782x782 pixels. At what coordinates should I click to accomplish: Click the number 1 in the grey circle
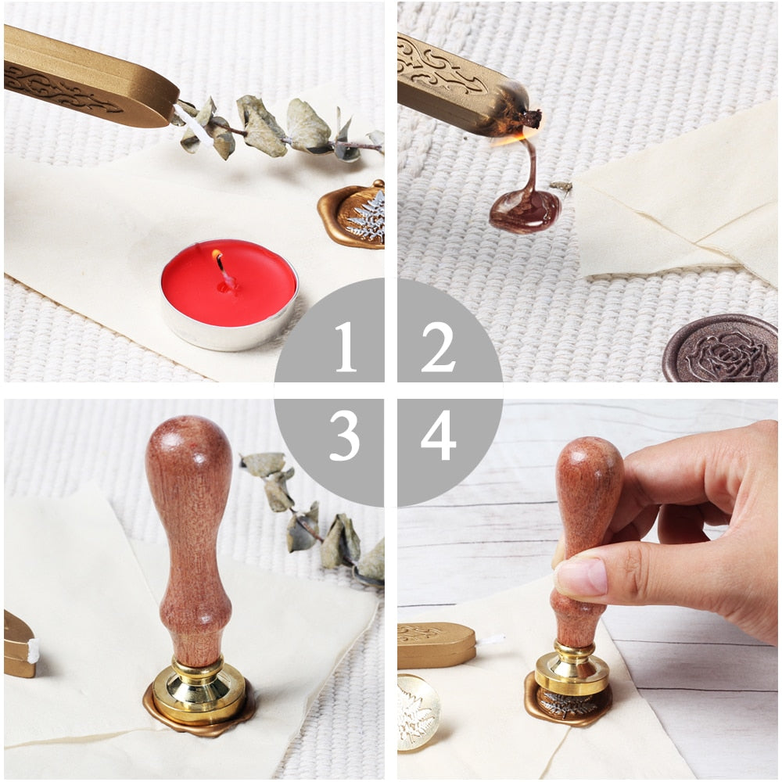point(345,346)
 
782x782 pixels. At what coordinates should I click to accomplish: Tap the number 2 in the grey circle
point(438,346)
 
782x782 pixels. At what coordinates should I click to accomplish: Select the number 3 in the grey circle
point(344,436)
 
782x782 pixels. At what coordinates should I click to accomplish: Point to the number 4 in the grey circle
point(438,436)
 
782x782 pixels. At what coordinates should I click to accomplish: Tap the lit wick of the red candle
point(220,262)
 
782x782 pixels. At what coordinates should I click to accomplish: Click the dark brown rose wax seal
point(719,348)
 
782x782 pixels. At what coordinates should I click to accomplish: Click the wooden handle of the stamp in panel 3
point(189,532)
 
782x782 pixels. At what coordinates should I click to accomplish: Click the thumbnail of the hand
point(580,577)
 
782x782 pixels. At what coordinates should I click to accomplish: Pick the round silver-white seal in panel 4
point(418,712)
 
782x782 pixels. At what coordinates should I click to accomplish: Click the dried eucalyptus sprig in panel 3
point(313,516)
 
